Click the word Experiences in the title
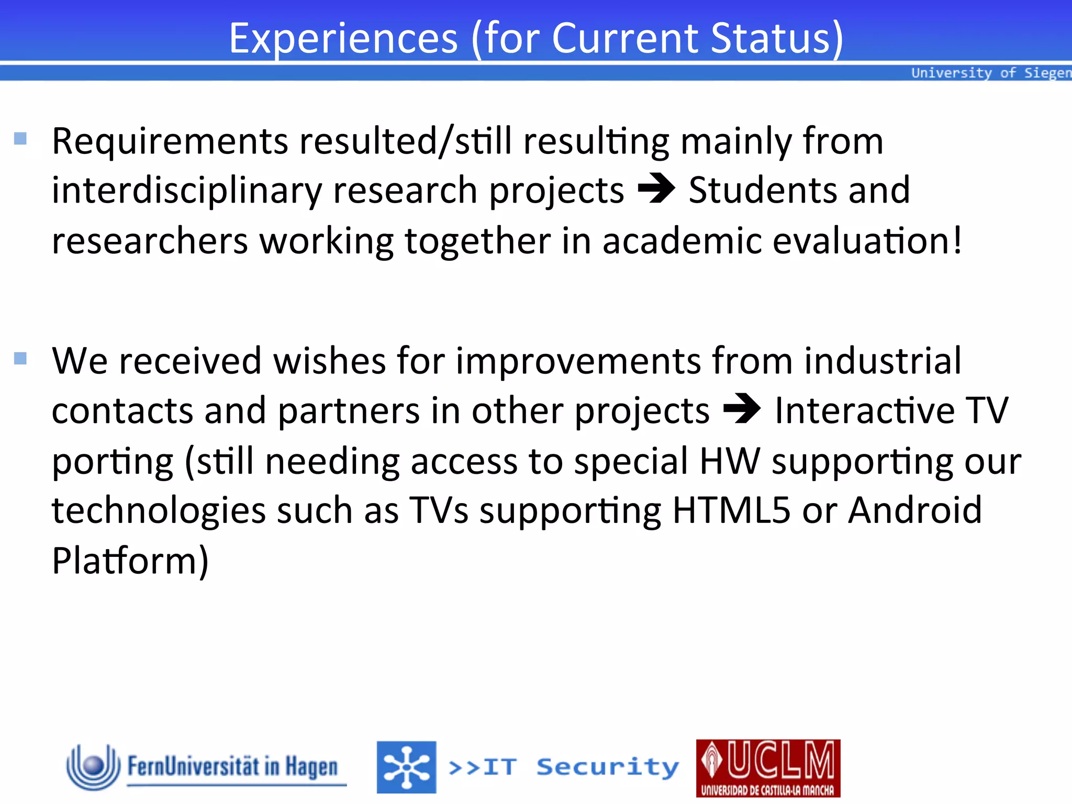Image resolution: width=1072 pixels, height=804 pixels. [343, 39]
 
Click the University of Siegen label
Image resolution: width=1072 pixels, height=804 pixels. [990, 73]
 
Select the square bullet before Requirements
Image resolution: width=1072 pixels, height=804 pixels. [20, 139]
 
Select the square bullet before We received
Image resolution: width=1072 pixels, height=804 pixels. [20, 359]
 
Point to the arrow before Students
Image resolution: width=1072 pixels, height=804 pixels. [656, 188]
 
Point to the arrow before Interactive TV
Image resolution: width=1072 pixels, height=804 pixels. [742, 408]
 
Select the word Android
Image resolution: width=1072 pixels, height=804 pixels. [914, 510]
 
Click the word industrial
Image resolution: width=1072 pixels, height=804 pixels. [883, 361]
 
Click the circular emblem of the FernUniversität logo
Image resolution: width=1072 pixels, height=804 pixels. [93, 767]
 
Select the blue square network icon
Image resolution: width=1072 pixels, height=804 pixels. [406, 767]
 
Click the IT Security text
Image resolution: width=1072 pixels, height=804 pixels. [564, 767]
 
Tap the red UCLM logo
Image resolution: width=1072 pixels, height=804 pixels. [768, 768]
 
